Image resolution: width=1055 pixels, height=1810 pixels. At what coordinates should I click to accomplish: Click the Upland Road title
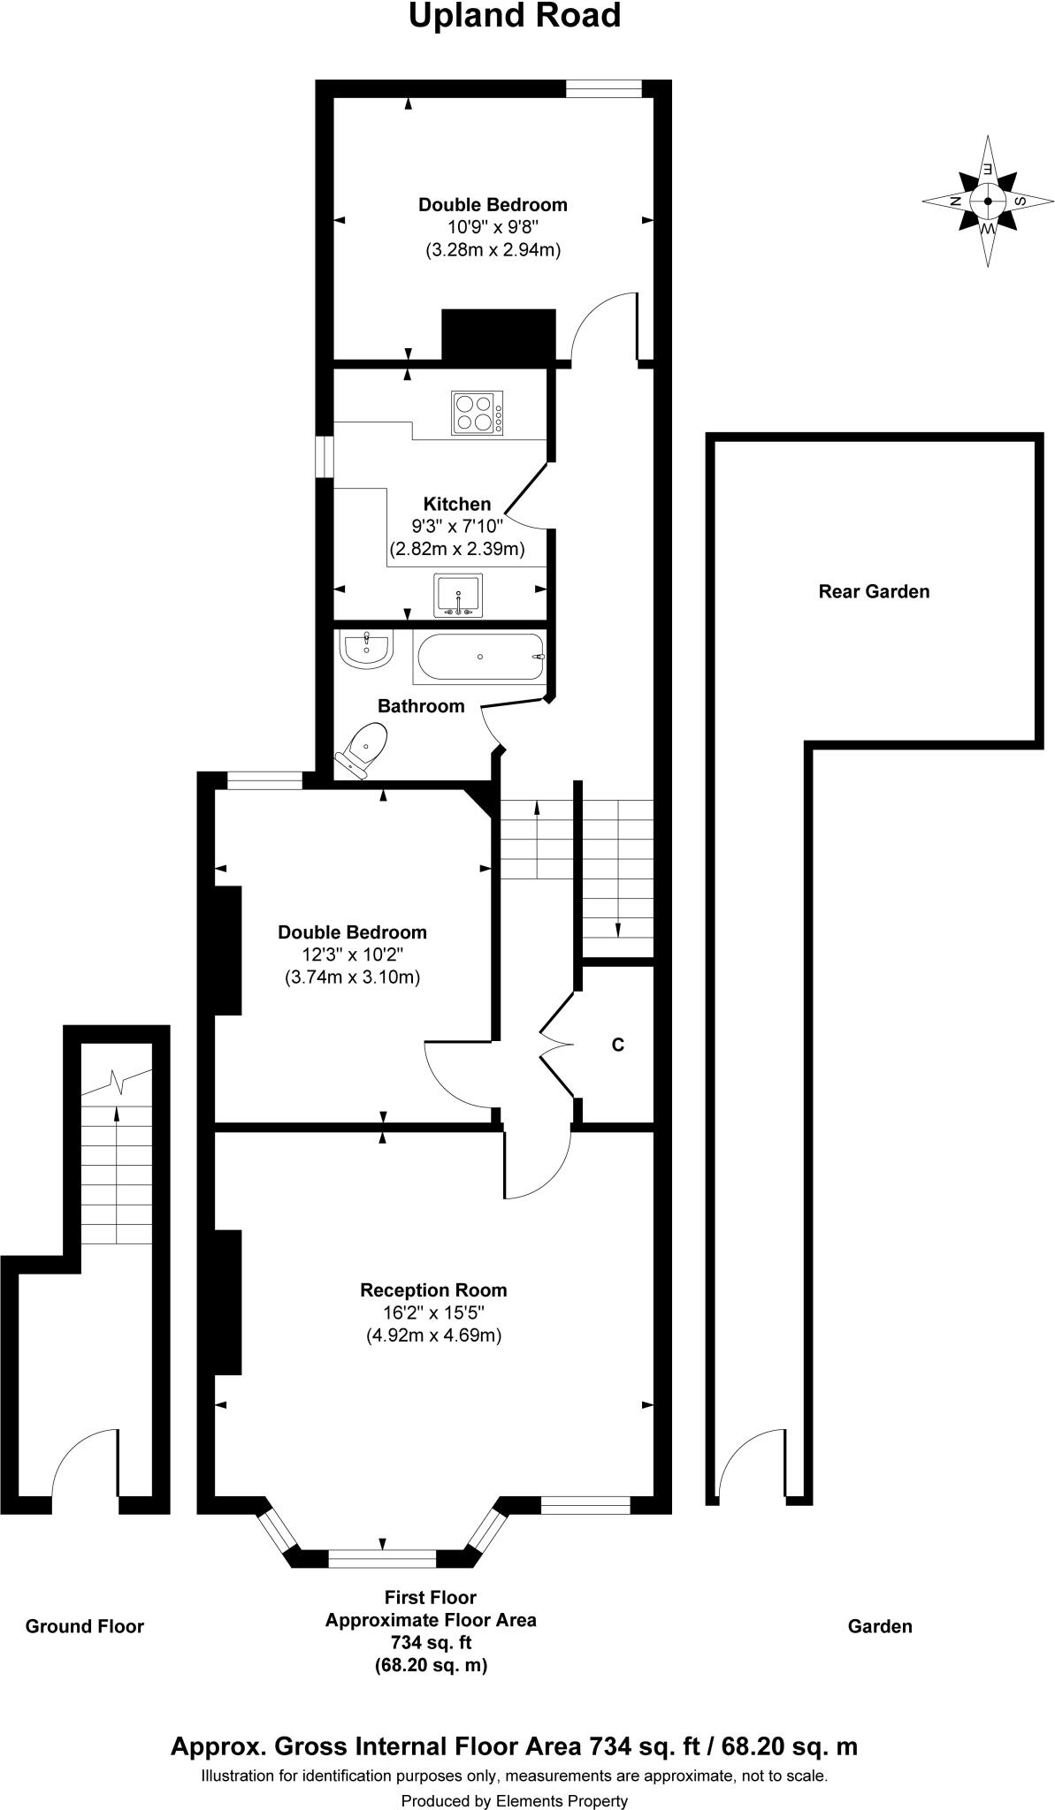514,16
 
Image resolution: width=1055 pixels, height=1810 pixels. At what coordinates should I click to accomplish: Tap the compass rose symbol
987,202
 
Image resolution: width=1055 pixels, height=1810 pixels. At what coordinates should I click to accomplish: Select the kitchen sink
458,595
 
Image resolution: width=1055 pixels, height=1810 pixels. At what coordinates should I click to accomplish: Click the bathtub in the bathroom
479,658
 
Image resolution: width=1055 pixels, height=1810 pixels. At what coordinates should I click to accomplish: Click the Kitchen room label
456,505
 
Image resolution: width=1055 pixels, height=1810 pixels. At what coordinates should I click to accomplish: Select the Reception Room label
433,1290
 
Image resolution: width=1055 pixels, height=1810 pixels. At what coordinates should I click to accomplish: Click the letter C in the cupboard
618,1045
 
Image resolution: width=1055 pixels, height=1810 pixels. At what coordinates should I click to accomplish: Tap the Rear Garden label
874,591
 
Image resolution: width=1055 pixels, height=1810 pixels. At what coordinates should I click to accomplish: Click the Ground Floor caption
84,1626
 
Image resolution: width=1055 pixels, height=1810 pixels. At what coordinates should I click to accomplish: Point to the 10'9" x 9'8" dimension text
493,227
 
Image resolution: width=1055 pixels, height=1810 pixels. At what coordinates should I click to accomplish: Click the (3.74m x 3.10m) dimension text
351,977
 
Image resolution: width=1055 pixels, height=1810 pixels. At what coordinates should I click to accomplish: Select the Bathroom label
421,706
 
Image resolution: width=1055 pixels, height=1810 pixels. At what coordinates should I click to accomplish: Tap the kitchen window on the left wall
325,458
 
